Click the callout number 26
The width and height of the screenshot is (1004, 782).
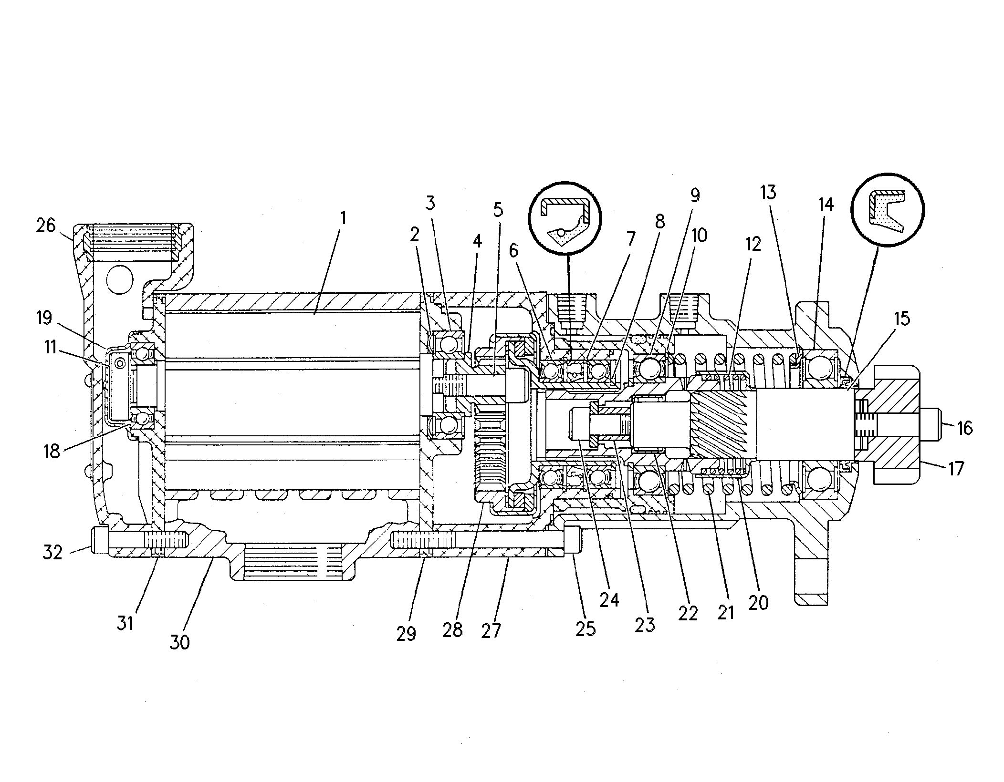(46, 226)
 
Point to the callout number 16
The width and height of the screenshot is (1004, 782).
(964, 428)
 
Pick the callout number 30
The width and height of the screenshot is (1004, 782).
(179, 642)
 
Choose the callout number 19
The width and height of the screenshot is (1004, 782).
(44, 318)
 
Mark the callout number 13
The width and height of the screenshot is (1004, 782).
(768, 192)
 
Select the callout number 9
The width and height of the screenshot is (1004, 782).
(695, 195)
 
